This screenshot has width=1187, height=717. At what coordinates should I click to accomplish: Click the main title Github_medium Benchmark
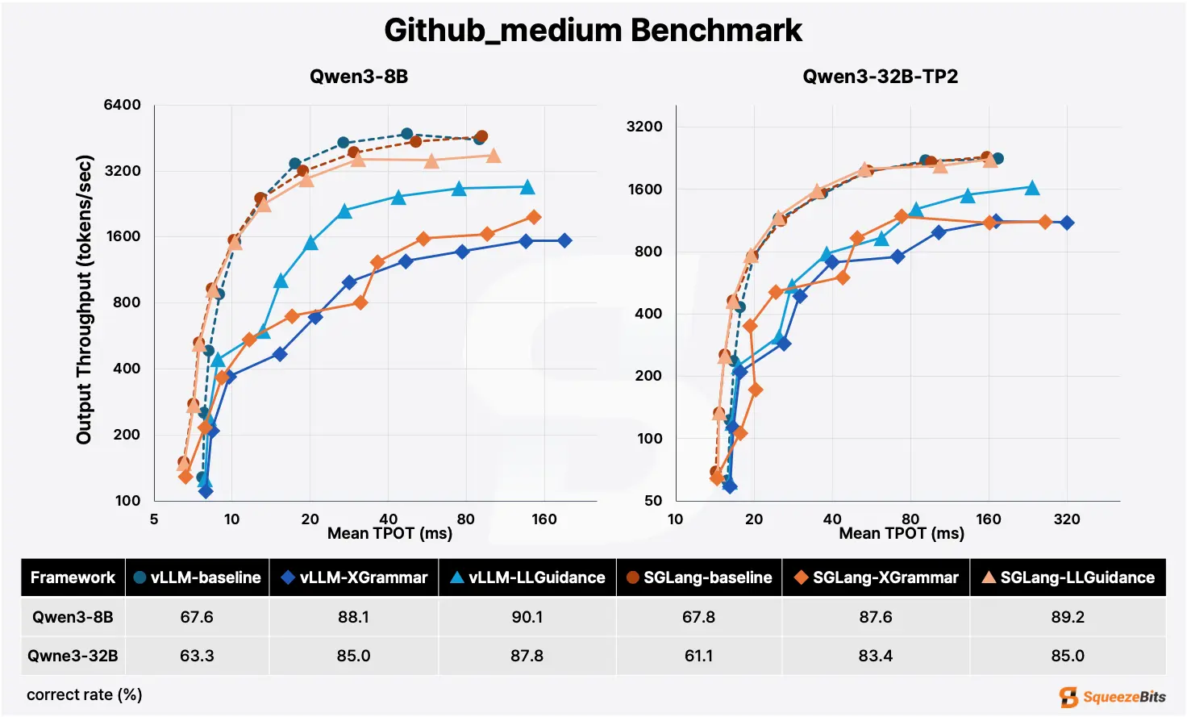pos(593,31)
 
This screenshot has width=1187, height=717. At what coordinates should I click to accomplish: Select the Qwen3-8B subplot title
pos(359,77)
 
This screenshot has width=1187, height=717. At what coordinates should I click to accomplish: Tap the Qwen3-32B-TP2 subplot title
pos(880,77)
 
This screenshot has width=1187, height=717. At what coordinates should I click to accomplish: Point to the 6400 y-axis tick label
pos(123,105)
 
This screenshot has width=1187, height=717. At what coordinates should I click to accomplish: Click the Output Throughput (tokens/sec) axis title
pos(85,299)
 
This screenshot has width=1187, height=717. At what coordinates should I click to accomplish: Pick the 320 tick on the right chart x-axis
pos(1067,519)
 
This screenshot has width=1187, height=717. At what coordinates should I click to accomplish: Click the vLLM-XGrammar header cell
pos(354,577)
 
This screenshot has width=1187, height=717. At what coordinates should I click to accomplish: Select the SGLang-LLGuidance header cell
pos(1068,577)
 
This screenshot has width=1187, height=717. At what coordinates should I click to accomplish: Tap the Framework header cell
pos(73,577)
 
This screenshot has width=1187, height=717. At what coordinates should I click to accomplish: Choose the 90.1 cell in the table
pos(527,617)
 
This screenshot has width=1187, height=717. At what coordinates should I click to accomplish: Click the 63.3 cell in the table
pos(197,656)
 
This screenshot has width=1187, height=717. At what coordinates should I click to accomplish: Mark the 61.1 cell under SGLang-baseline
pos(698,656)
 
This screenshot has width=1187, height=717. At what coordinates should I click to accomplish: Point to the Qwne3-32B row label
pos(73,656)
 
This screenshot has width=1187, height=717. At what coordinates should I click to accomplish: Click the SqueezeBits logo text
pos(1122,697)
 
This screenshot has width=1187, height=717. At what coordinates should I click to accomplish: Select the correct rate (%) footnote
pos(85,694)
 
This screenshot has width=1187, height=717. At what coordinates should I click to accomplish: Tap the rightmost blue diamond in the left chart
pos(564,240)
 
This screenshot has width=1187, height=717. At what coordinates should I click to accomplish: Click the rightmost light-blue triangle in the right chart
pos(1031,188)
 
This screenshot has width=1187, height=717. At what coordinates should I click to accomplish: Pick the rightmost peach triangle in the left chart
pos(494,156)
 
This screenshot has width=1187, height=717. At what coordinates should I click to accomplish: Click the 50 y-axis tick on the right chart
pos(653,500)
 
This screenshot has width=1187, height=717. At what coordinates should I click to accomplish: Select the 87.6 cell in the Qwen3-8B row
pos(875,617)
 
